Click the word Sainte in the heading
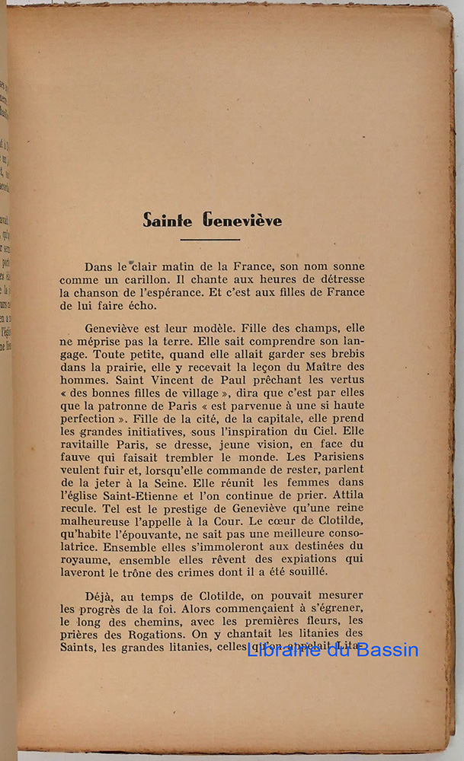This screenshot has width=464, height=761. [169, 221]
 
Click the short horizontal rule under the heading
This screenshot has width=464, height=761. [211, 239]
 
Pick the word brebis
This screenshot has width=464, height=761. [344, 354]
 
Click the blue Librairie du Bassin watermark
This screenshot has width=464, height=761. [332, 650]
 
